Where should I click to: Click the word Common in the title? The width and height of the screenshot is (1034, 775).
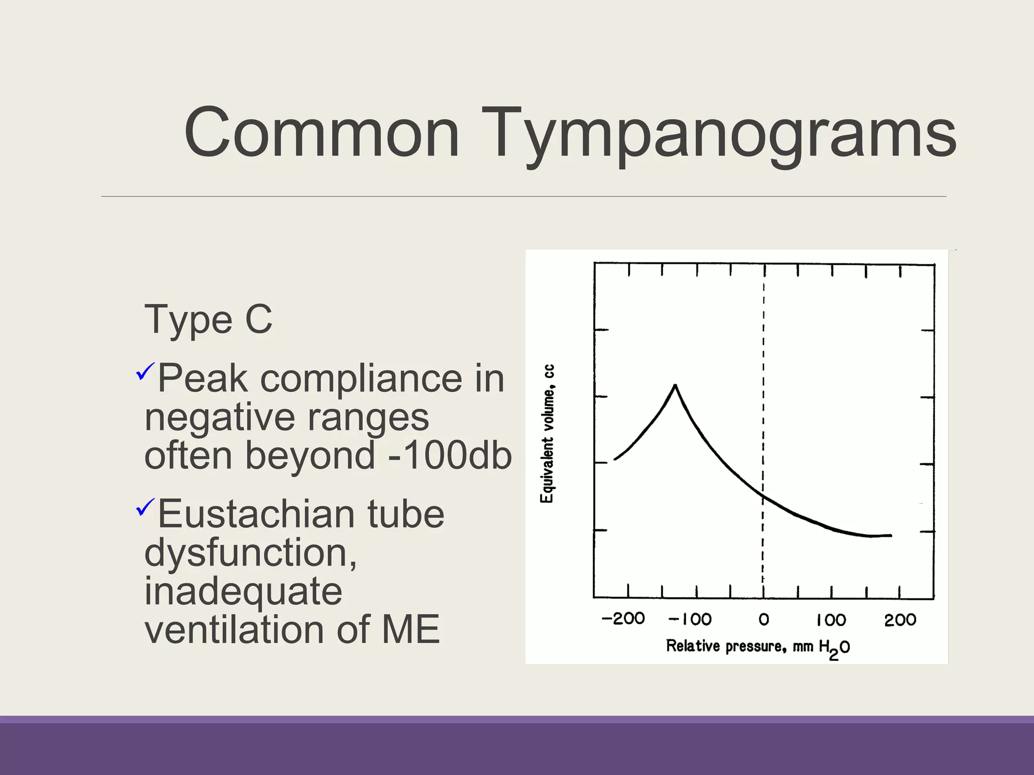point(322,133)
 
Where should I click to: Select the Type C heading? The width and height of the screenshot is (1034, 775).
point(208,320)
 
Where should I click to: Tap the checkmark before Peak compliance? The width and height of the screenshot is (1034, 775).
point(144,372)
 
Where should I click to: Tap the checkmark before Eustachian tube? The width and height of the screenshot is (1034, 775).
point(144,507)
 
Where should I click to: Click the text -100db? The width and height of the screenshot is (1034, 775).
point(449,455)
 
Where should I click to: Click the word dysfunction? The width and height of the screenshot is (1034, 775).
point(250,553)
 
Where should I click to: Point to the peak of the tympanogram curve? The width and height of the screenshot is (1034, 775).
point(675,386)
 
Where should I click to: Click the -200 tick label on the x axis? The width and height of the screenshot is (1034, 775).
point(623,619)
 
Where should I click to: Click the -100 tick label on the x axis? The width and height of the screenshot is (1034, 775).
point(690,619)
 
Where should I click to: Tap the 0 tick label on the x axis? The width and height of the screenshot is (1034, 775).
point(764,619)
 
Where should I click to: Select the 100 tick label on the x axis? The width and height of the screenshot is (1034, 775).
point(831,620)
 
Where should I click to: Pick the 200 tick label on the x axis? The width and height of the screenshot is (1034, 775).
point(900,620)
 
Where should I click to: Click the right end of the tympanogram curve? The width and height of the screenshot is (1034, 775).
point(890,535)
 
